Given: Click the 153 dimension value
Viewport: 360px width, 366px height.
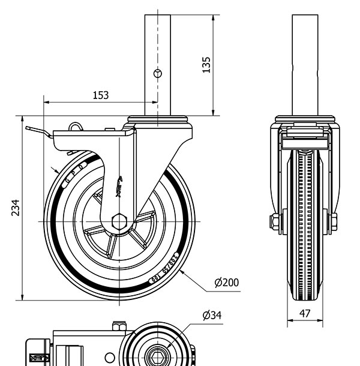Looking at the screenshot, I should coord(101,95).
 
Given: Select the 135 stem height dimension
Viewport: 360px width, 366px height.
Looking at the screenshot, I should coord(205,64).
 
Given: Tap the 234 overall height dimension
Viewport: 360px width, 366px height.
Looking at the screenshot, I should coord(15,207).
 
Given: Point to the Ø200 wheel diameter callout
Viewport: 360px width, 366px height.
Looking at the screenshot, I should coord(226,282).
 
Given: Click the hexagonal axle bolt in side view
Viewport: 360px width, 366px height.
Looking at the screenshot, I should coord(119,221).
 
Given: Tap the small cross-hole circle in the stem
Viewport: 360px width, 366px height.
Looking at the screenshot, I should coord(158,73).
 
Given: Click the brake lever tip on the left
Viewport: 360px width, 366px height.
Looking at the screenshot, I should coord(29,128).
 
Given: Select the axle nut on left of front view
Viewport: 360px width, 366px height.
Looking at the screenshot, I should coord(275,221).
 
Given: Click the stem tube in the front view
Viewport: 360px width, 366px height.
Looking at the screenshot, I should coord(304,60).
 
